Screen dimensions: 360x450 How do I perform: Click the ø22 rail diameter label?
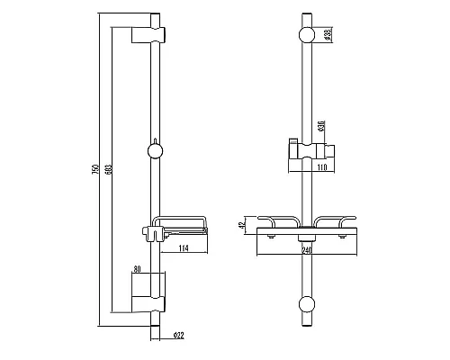[178, 335]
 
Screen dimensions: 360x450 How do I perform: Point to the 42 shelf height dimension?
[240, 226]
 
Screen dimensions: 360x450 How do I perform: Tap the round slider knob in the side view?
[157, 150]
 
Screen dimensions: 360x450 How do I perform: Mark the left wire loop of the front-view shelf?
[278, 221]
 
